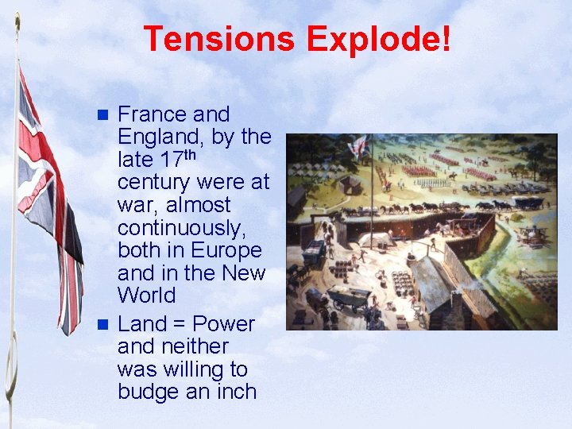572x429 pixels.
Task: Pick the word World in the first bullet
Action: pyautogui.click(x=147, y=296)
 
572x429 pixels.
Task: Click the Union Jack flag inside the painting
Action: pyautogui.click(x=359, y=145)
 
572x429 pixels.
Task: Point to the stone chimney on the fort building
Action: pyautogui.click(x=455, y=307)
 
